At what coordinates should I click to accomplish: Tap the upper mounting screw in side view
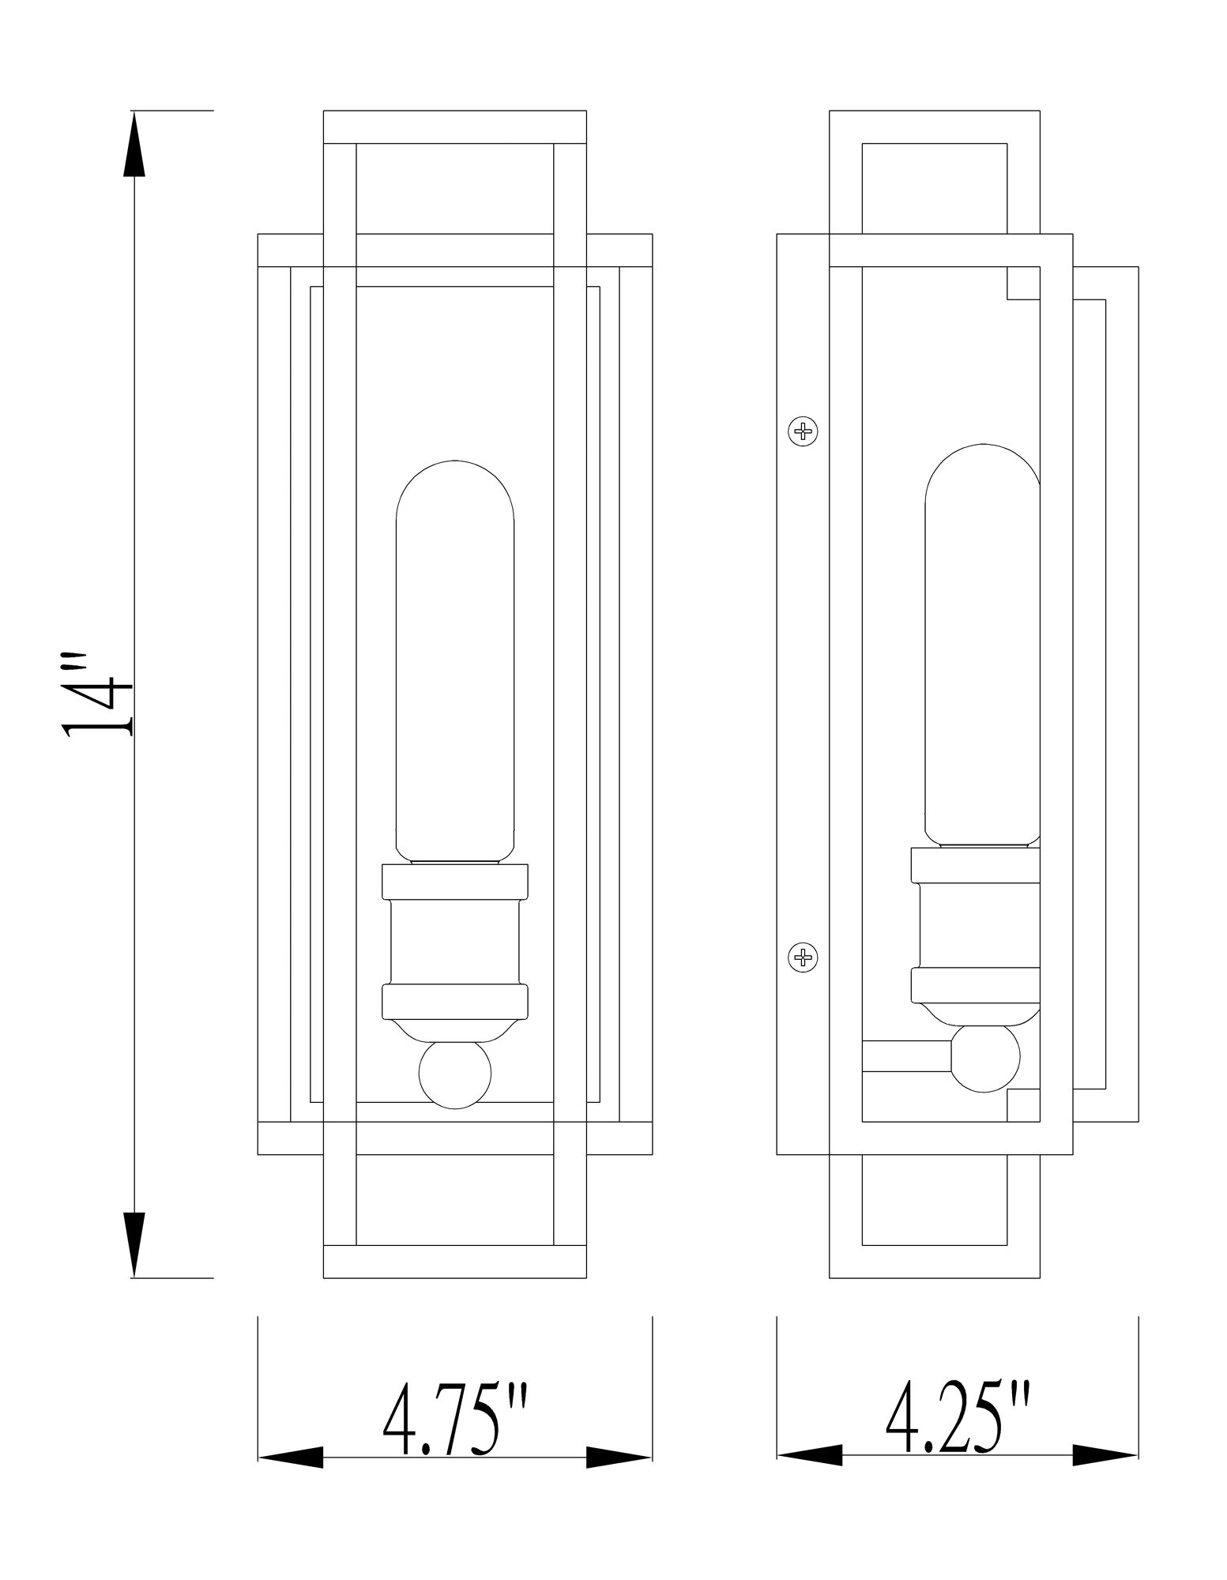click(x=804, y=431)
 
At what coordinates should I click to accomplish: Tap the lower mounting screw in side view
click(x=804, y=958)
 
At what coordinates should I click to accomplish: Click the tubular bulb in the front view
click(x=455, y=664)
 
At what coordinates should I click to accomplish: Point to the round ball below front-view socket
click(x=454, y=1077)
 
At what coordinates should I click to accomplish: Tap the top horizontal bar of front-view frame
click(x=455, y=127)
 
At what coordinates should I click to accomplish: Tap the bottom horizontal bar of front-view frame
click(x=455, y=1261)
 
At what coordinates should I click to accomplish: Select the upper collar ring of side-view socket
click(x=975, y=865)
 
